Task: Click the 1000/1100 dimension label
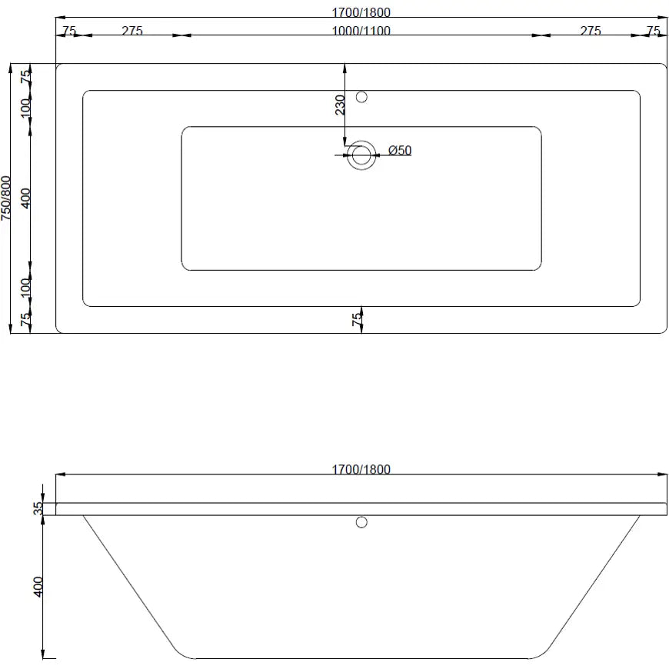click(361, 32)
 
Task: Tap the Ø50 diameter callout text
click(400, 150)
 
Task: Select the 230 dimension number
click(339, 105)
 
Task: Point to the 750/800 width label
click(7, 199)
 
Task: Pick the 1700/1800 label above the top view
click(361, 13)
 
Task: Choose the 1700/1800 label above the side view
click(361, 470)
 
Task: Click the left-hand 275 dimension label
click(132, 32)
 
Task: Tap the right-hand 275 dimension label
click(591, 32)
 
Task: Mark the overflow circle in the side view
click(361, 523)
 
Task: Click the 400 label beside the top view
click(26, 199)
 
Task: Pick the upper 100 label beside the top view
click(26, 106)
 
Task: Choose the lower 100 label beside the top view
click(26, 288)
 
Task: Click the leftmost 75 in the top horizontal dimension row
click(68, 32)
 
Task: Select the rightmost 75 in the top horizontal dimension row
click(654, 32)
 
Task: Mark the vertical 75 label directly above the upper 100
click(26, 77)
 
